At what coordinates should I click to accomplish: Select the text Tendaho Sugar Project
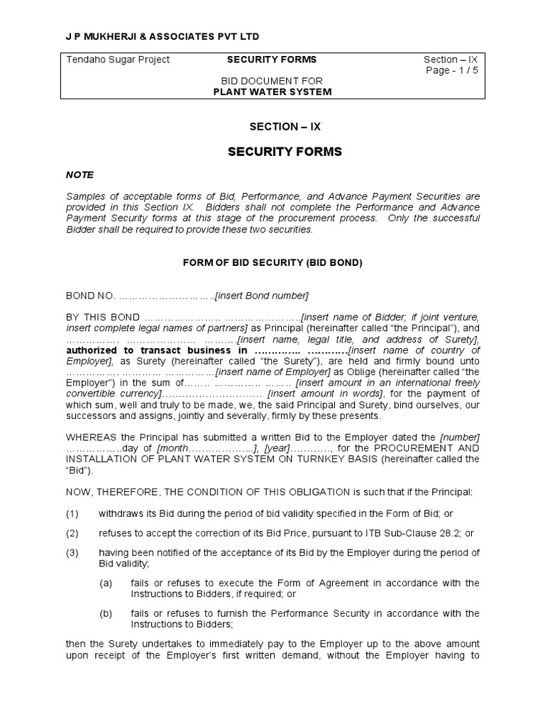tap(118, 60)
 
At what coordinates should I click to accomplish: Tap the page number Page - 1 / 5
tap(452, 71)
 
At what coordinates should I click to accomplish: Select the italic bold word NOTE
tap(79, 175)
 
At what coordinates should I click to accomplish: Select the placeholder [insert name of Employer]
tap(273, 372)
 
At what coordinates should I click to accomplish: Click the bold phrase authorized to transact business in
tap(157, 350)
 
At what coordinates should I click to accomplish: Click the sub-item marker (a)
tap(106, 583)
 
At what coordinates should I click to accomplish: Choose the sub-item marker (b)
tap(106, 613)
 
